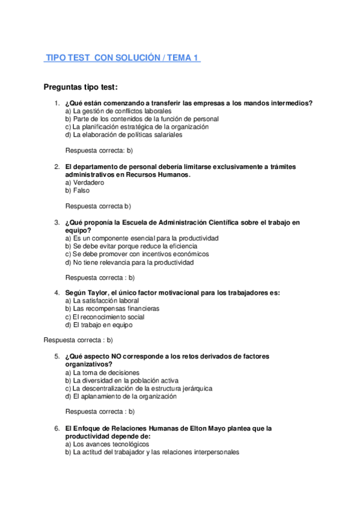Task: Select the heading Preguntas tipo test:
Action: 81,87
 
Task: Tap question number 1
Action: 56,103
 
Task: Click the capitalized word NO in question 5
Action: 117,356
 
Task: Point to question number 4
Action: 56,293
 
